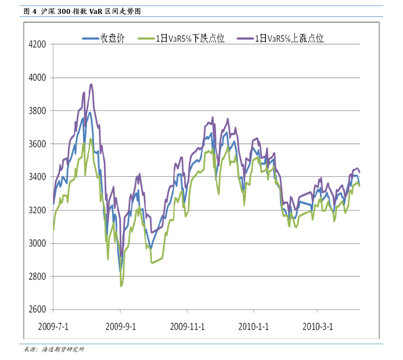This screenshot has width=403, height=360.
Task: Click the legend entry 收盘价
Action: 112,38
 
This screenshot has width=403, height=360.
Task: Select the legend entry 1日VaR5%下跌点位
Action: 190,38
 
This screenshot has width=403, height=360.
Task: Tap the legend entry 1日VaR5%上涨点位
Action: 289,38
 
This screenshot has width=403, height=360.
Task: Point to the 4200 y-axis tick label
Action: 37,44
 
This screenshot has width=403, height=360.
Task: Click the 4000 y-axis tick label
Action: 37,77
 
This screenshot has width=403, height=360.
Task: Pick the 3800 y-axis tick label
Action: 37,111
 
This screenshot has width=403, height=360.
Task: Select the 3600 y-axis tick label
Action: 37,144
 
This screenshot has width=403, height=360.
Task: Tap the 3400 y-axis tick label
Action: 37,177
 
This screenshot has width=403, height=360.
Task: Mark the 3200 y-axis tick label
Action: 37,210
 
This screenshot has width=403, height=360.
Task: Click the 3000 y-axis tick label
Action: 37,243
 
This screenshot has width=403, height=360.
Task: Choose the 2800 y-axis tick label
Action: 37,276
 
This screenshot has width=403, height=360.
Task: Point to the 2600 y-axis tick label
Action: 37,309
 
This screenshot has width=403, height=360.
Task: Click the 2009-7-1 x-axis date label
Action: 53,327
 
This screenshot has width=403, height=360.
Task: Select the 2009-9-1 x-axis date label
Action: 120,327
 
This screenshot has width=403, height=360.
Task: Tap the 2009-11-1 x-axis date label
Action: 187,327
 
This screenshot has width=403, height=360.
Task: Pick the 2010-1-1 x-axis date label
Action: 253,327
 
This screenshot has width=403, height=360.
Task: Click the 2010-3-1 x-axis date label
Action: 317,327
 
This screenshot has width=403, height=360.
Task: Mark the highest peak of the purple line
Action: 91,84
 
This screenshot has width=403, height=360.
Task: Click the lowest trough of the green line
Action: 121,286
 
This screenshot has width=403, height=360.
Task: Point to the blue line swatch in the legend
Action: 91,39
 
